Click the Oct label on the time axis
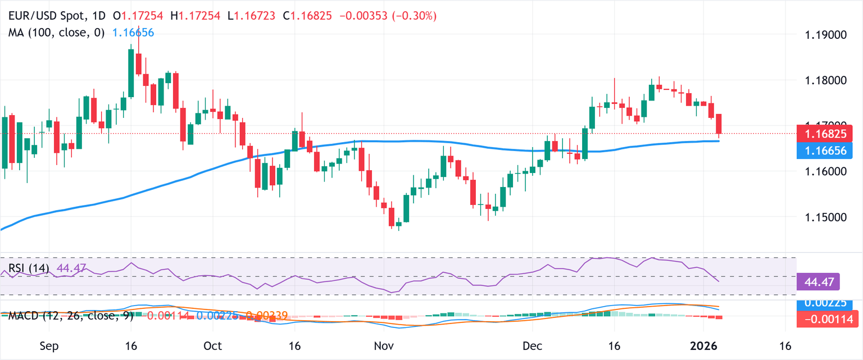point(212,345)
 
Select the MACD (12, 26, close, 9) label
point(71,316)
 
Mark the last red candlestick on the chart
point(719,124)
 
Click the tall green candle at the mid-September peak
point(131,73)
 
